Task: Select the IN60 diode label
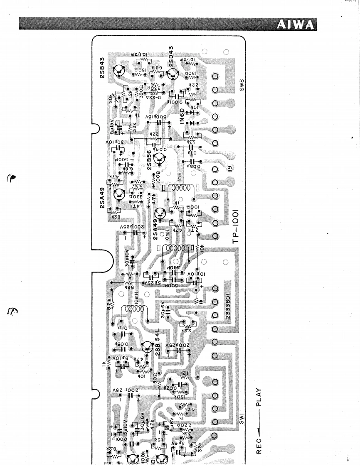pyautogui.click(x=182, y=113)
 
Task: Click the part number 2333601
pyautogui.click(x=229, y=302)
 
